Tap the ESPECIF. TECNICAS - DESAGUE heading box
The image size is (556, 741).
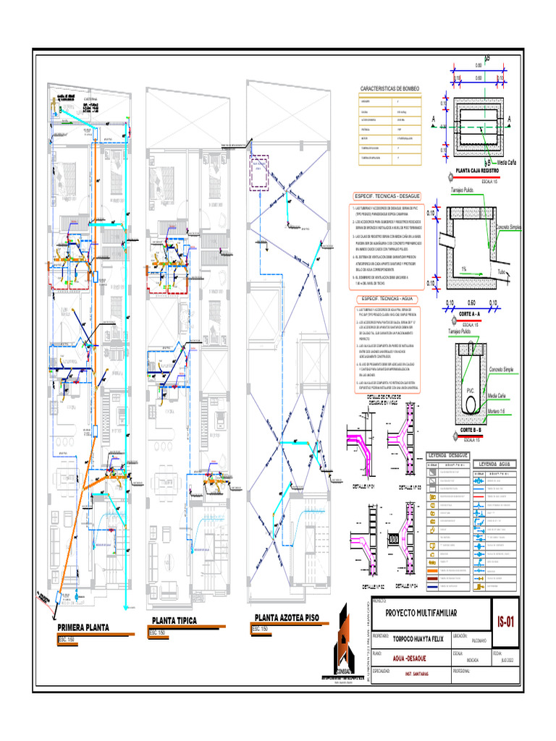[x=390, y=197]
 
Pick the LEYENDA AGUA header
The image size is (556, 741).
[x=494, y=463]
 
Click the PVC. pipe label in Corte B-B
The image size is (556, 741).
[x=470, y=391]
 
